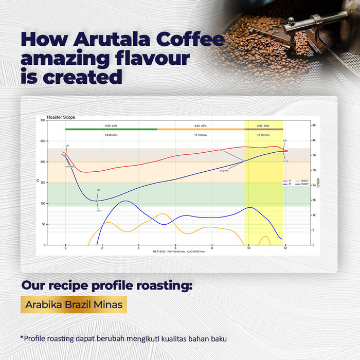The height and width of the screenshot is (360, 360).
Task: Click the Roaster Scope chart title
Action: click(x=61, y=117)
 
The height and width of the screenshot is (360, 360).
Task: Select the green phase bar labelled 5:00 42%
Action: click(x=111, y=129)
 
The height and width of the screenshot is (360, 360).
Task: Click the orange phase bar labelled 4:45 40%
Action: click(x=201, y=129)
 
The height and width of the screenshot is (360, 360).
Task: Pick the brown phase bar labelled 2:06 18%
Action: click(x=264, y=129)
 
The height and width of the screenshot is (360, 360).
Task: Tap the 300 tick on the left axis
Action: click(x=42, y=120)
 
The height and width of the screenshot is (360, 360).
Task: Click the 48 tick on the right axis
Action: click(x=314, y=125)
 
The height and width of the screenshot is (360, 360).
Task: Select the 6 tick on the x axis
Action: click(x=175, y=248)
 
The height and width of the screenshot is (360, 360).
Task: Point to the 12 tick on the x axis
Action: click(x=285, y=248)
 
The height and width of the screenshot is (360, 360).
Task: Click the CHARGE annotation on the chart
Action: click(x=69, y=167)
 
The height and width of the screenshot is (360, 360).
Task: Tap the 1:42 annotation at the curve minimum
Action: click(x=98, y=210)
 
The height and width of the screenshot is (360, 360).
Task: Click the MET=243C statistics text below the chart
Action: click(x=161, y=252)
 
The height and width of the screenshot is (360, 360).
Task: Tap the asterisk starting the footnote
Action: click(x=22, y=337)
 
